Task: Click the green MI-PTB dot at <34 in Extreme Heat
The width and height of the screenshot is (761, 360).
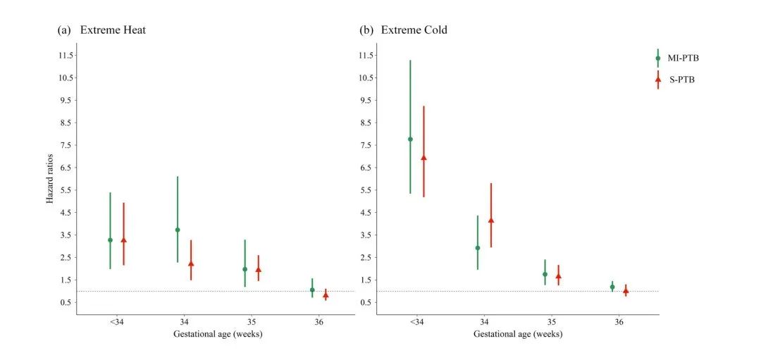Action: coord(110,240)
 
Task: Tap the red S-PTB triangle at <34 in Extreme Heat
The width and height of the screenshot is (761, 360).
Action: coord(123,240)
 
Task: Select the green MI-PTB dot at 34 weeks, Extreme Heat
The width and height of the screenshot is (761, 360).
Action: coord(178,230)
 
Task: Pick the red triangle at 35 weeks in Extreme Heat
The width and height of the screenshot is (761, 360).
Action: coord(259,269)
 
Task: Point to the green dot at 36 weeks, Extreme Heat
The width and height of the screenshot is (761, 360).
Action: coord(312,290)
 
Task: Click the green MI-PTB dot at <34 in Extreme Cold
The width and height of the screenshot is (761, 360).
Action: coord(410,139)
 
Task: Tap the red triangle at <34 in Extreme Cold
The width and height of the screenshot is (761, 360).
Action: coord(423,158)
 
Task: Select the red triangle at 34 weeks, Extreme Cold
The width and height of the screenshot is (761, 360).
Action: coord(491,221)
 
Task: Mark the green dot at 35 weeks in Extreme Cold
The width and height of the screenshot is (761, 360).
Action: coord(545,274)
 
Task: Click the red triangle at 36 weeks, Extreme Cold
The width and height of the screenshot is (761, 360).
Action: coord(626,290)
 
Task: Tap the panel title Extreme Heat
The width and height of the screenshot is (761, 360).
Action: coord(113,30)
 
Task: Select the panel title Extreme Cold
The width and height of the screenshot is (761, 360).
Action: coord(414,30)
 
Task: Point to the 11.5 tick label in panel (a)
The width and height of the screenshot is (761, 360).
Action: coord(66,55)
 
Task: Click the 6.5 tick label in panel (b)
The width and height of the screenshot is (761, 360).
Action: coord(366,168)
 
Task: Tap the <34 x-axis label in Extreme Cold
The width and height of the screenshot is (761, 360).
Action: coord(416,323)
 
